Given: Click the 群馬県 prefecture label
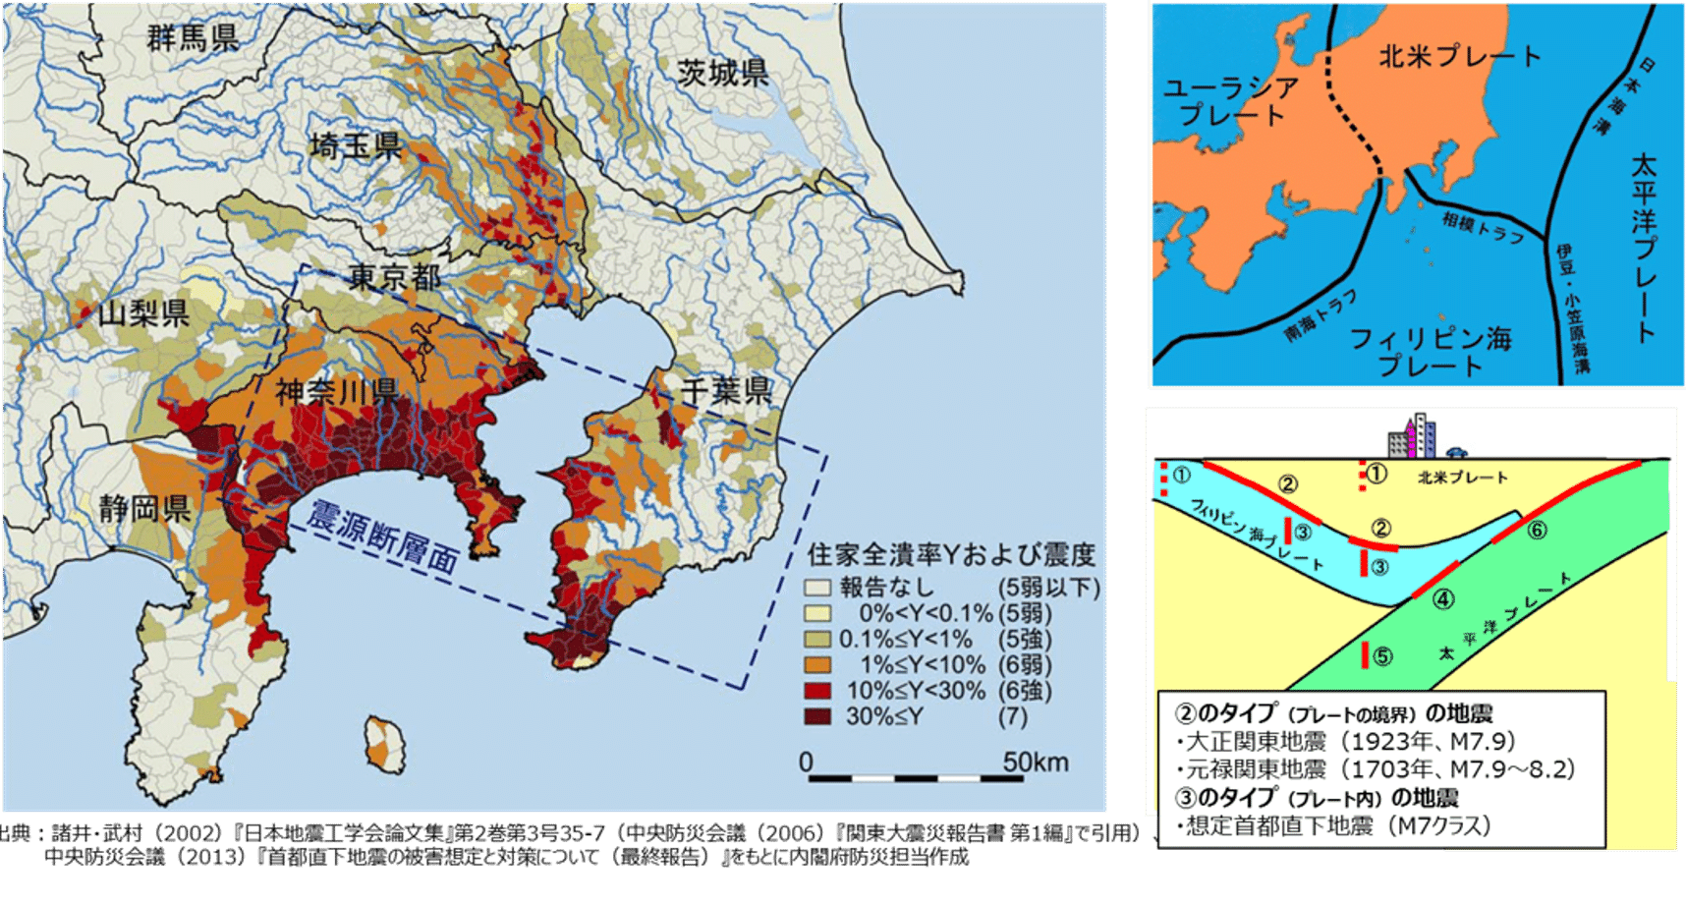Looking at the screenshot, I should point(194,37).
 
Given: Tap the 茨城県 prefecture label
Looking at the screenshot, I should point(723,73).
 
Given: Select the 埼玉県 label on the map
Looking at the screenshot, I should point(356,146).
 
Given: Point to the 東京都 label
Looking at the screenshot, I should point(395,277).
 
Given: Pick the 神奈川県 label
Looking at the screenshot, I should point(336,392).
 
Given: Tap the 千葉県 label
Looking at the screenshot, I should point(726,391).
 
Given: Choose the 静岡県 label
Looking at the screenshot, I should point(144,509).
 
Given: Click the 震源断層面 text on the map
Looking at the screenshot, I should point(383,537).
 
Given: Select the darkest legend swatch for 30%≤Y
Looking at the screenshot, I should point(817,716).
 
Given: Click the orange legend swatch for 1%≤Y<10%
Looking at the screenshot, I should point(817,665).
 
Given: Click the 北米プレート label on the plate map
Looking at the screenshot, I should point(1460,56).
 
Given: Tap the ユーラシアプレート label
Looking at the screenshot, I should point(1231,101).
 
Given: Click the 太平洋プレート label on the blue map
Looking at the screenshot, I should point(1642,246).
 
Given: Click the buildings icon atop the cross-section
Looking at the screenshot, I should point(1412,437).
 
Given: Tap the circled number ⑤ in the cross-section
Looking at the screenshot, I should point(1382,655).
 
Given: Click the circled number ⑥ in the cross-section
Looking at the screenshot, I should point(1538,530).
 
